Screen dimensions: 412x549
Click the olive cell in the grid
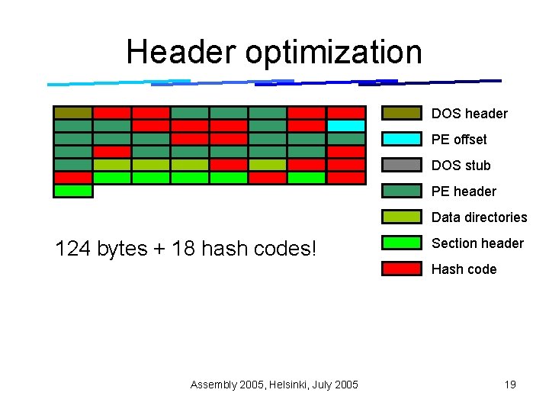pyautogui.click(x=73, y=113)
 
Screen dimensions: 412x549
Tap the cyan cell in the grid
pyautogui.click(x=345, y=126)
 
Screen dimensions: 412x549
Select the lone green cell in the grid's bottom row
pyautogui.click(x=73, y=191)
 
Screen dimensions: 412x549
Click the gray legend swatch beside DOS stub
pyautogui.click(x=402, y=166)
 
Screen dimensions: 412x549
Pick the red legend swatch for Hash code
pyautogui.click(x=402, y=269)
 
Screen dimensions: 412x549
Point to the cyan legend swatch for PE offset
pyautogui.click(x=402, y=139)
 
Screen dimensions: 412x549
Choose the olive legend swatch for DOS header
pyautogui.click(x=402, y=113)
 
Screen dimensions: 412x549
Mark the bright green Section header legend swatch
pyautogui.click(x=402, y=243)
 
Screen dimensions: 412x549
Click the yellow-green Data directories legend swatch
pyautogui.click(x=402, y=217)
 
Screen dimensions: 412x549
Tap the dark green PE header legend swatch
pyautogui.click(x=402, y=191)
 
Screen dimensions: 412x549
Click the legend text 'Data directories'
pyautogui.click(x=479, y=217)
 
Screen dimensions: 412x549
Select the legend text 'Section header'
pyautogui.click(x=477, y=243)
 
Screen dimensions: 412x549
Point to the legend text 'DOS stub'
pyautogui.click(x=461, y=166)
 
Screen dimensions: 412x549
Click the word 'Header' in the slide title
pyautogui.click(x=180, y=52)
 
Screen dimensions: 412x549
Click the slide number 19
pyautogui.click(x=510, y=385)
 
